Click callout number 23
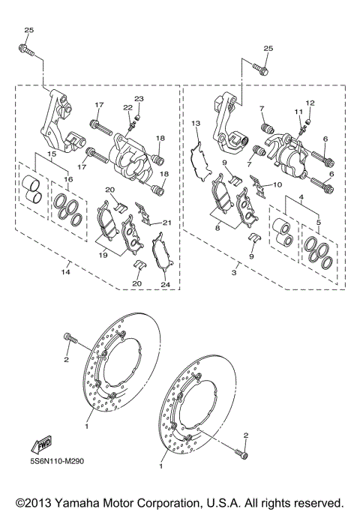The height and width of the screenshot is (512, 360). (139, 100)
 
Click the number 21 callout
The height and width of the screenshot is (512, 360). (168, 223)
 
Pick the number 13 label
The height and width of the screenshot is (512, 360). (195, 122)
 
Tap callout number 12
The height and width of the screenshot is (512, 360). (310, 102)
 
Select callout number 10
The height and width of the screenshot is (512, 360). (278, 184)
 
